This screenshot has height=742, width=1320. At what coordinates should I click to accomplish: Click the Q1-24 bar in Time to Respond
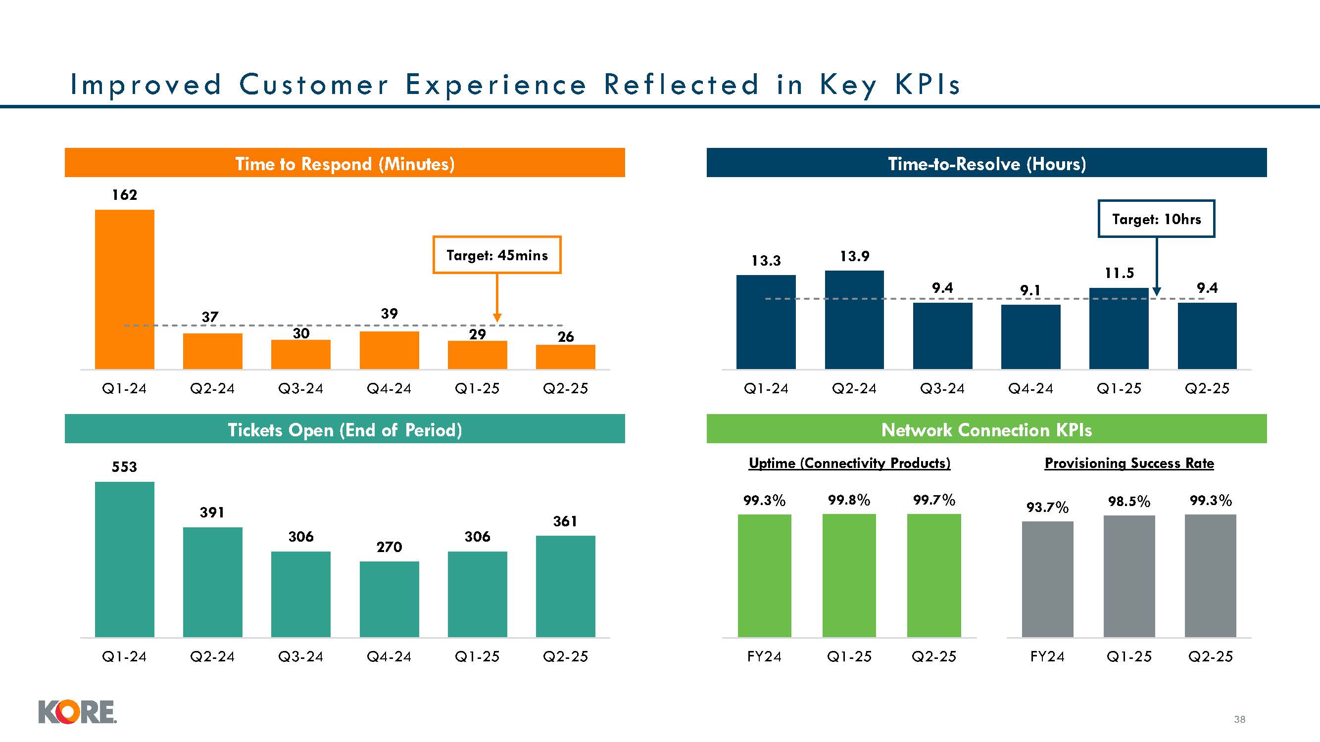coord(125,289)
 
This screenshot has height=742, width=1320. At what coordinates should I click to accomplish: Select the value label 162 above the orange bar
coord(125,195)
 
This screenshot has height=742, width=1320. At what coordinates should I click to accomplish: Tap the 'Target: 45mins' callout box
coord(496,255)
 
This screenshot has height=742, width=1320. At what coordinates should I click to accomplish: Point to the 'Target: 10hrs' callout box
coord(1156,219)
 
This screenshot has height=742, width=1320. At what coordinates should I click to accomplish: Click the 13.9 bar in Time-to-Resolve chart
coord(854,320)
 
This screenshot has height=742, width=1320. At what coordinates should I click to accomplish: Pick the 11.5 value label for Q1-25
coord(1119,274)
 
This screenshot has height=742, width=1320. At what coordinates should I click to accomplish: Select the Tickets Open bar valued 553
coord(125,559)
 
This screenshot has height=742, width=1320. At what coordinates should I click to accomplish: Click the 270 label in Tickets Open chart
coord(389,548)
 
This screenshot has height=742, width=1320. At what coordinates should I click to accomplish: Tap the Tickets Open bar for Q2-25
coord(565,586)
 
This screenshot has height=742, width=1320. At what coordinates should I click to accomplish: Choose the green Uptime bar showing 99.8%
coord(849,576)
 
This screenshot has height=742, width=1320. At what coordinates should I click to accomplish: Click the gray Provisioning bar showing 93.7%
coord(1047,579)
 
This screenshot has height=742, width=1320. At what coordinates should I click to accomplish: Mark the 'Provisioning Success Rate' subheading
coord(1129,464)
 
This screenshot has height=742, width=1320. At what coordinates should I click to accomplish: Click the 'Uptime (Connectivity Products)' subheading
coord(850,464)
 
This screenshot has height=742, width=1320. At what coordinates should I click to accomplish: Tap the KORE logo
coord(77,712)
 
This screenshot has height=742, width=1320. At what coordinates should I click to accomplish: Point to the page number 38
coord(1239,719)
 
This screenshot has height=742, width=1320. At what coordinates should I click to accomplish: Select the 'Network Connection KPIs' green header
coord(986,429)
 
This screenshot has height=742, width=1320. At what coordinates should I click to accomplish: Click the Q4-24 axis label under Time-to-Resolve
coord(1030,389)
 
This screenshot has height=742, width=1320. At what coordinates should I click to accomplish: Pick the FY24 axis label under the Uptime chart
coord(764,656)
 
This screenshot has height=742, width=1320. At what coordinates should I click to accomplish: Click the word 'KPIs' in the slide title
coord(928,85)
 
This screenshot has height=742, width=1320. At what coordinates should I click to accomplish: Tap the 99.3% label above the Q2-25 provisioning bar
coord(1210,501)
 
